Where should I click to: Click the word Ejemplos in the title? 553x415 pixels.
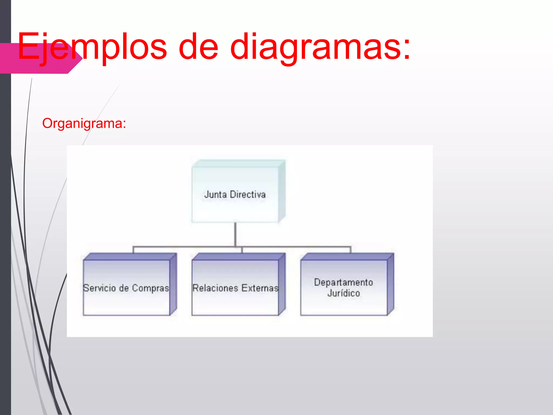click(92, 46)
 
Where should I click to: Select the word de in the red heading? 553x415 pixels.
click(198, 46)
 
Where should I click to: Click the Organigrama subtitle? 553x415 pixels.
click(84, 123)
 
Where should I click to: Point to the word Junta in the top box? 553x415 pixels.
click(215, 195)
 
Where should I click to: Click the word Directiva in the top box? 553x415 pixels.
click(248, 195)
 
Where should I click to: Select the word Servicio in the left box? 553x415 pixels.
click(99, 288)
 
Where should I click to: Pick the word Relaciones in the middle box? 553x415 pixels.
click(215, 288)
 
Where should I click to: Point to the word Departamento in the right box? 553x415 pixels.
click(343, 282)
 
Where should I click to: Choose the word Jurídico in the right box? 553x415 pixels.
click(343, 293)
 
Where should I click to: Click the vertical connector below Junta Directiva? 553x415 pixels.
click(235, 234)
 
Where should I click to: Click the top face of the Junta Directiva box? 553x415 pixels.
click(238, 163)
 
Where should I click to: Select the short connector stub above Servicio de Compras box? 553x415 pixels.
click(133, 250)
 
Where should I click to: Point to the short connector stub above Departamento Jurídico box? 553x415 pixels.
click(350, 250)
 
